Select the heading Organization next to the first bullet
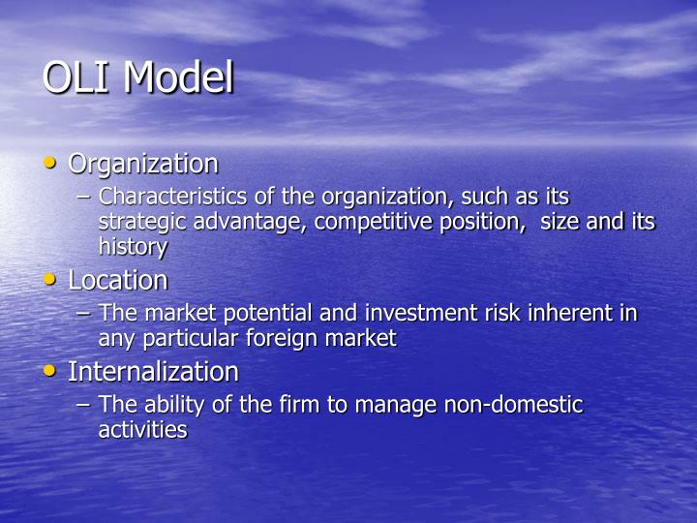(143, 165)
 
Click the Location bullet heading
(118, 281)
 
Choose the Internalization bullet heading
(153, 372)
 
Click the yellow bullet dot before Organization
(51, 164)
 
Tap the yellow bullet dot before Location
(51, 280)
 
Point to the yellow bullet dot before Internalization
(51, 371)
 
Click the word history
(133, 247)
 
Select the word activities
(142, 430)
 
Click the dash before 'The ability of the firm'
(84, 405)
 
